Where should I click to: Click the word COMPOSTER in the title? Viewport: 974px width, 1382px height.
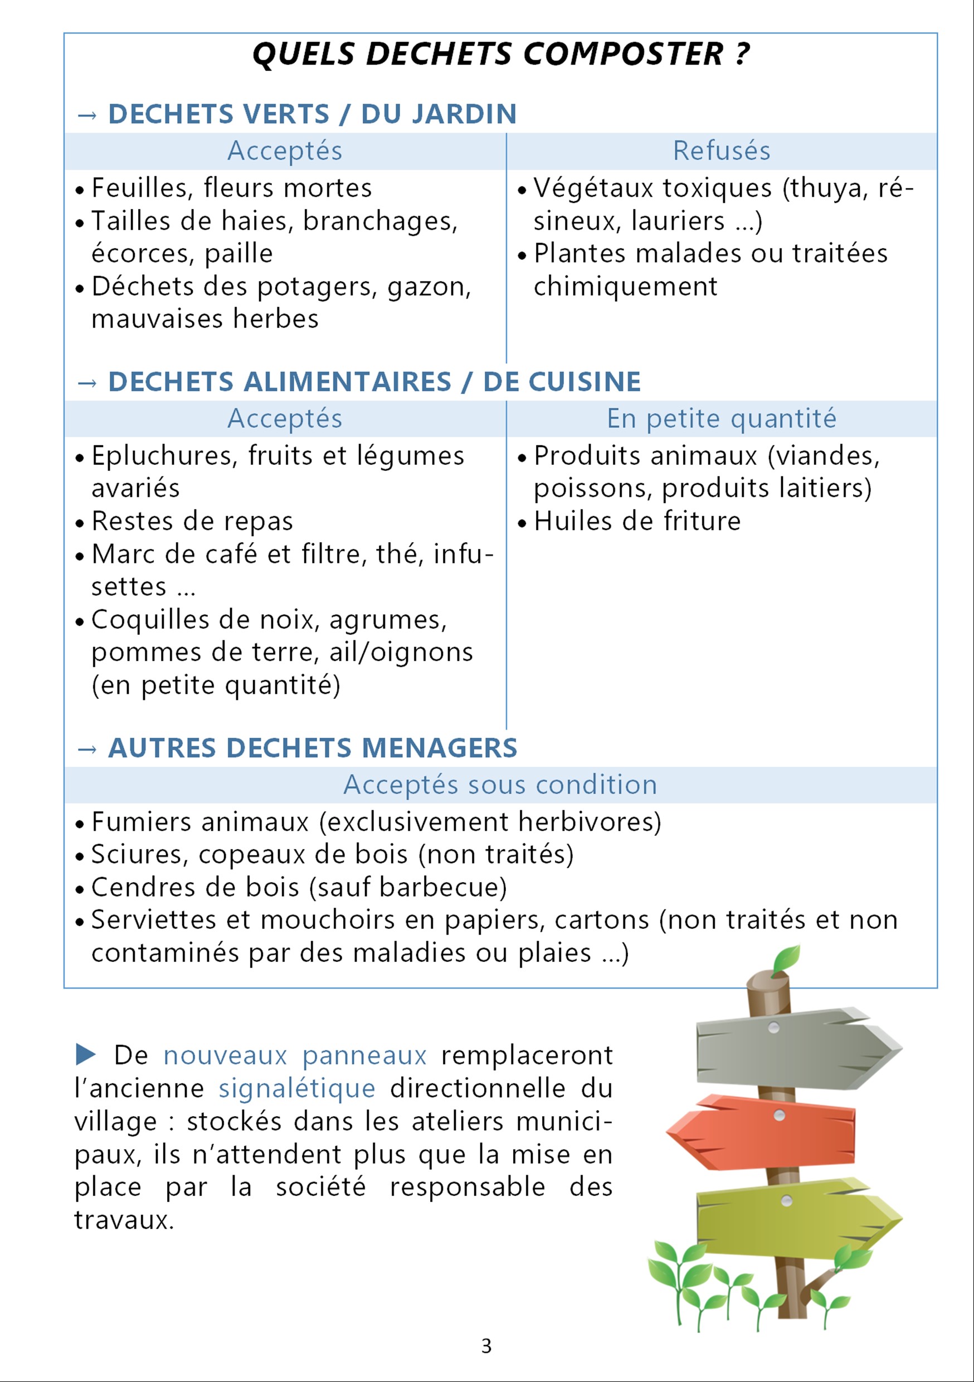click(623, 54)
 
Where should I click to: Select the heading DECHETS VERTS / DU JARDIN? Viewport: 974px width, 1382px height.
click(312, 114)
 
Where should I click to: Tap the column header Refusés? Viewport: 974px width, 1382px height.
click(721, 150)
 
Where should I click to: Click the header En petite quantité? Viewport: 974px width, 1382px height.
click(721, 419)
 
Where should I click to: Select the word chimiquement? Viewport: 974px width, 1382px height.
click(625, 286)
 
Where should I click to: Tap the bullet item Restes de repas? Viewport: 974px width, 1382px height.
click(192, 521)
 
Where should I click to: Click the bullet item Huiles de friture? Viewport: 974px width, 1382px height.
click(637, 521)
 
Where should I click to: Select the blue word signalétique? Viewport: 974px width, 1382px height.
click(297, 1088)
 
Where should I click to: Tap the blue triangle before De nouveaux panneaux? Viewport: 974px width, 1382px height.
click(85, 1054)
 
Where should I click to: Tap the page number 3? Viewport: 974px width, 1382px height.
click(486, 1346)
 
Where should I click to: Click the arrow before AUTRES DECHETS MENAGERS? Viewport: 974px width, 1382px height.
click(87, 749)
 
